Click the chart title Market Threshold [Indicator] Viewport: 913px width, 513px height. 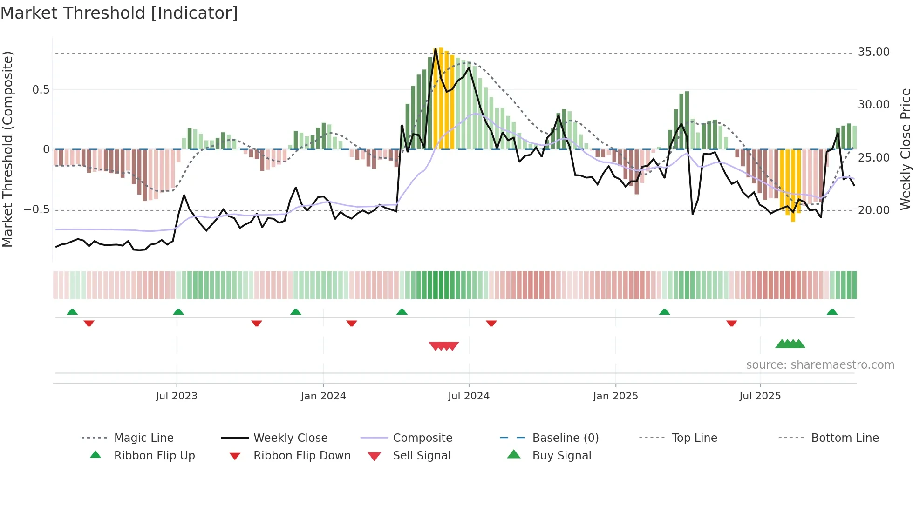tap(119, 13)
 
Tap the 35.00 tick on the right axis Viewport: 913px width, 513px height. tap(873, 52)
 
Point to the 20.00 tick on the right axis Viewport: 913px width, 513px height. tap(873, 210)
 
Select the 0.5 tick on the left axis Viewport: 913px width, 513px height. tap(41, 90)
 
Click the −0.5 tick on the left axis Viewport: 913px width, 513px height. tap(37, 209)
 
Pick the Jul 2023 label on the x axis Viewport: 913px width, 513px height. tap(177, 396)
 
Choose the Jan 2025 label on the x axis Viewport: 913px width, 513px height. tap(615, 396)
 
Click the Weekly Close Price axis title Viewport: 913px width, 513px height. tap(905, 149)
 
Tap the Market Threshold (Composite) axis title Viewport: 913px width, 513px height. tap(7, 149)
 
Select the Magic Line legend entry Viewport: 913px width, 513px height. tap(143, 438)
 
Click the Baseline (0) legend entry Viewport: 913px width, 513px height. tap(565, 438)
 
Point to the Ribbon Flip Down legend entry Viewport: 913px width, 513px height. tap(301, 456)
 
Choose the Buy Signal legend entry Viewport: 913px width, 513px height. tap(561, 456)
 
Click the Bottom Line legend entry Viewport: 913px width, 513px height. tap(845, 438)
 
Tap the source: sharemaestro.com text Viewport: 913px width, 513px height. tap(820, 365)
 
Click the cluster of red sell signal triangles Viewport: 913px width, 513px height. tap(444, 346)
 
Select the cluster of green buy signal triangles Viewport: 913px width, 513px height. tap(790, 344)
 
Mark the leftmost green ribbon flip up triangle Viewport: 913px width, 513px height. tap(72, 312)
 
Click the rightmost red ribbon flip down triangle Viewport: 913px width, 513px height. tap(731, 323)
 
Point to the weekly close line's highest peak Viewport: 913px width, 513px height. tap(436, 49)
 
